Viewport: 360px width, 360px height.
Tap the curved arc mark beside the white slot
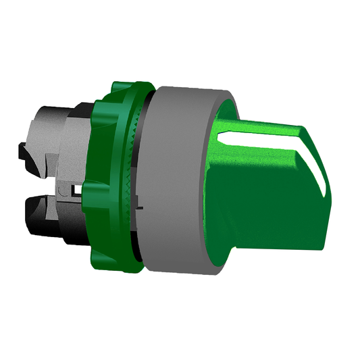pos(64,195)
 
